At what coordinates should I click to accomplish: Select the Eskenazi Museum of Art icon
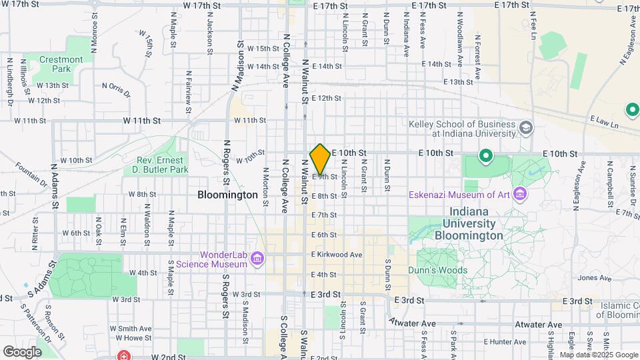coord(521,195)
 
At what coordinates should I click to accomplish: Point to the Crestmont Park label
coord(61,64)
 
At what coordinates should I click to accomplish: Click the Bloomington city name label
coord(227,195)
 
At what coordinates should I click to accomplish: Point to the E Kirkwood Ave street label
coord(336,255)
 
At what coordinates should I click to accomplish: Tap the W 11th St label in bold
coord(141,121)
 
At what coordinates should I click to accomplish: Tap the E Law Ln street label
coord(604,121)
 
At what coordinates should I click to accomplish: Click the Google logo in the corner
coord(22,351)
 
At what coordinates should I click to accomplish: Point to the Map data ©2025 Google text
coord(599,355)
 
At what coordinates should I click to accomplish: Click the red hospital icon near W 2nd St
coord(123,355)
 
